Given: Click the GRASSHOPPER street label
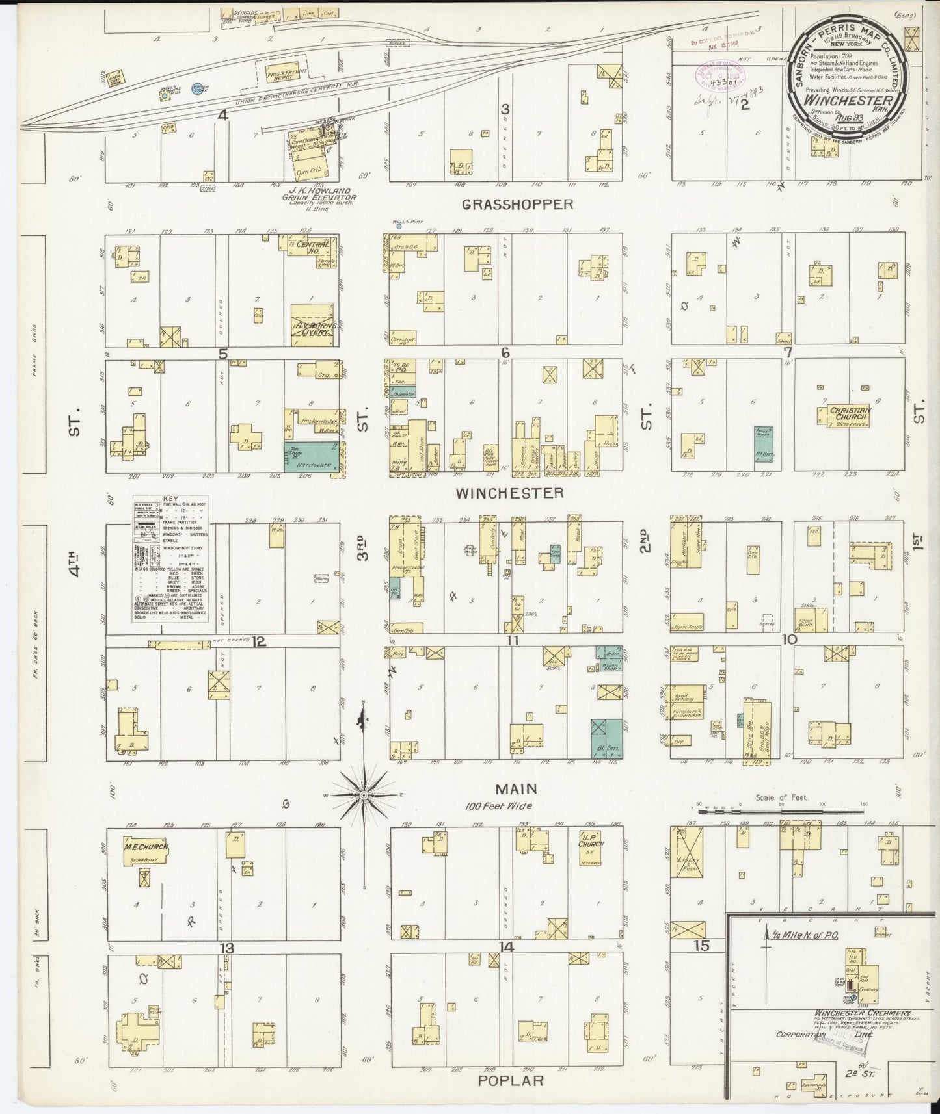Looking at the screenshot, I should click(x=518, y=204).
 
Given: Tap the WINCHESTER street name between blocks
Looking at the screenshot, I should click(x=509, y=493).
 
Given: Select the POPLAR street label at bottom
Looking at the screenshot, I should click(x=511, y=1080).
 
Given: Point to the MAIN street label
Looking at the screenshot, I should click(x=516, y=789).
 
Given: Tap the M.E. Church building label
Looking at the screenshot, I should click(x=146, y=848).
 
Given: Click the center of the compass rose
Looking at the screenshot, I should click(x=364, y=795).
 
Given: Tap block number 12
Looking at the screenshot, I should click(x=259, y=642).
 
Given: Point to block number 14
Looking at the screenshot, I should click(x=506, y=948).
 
